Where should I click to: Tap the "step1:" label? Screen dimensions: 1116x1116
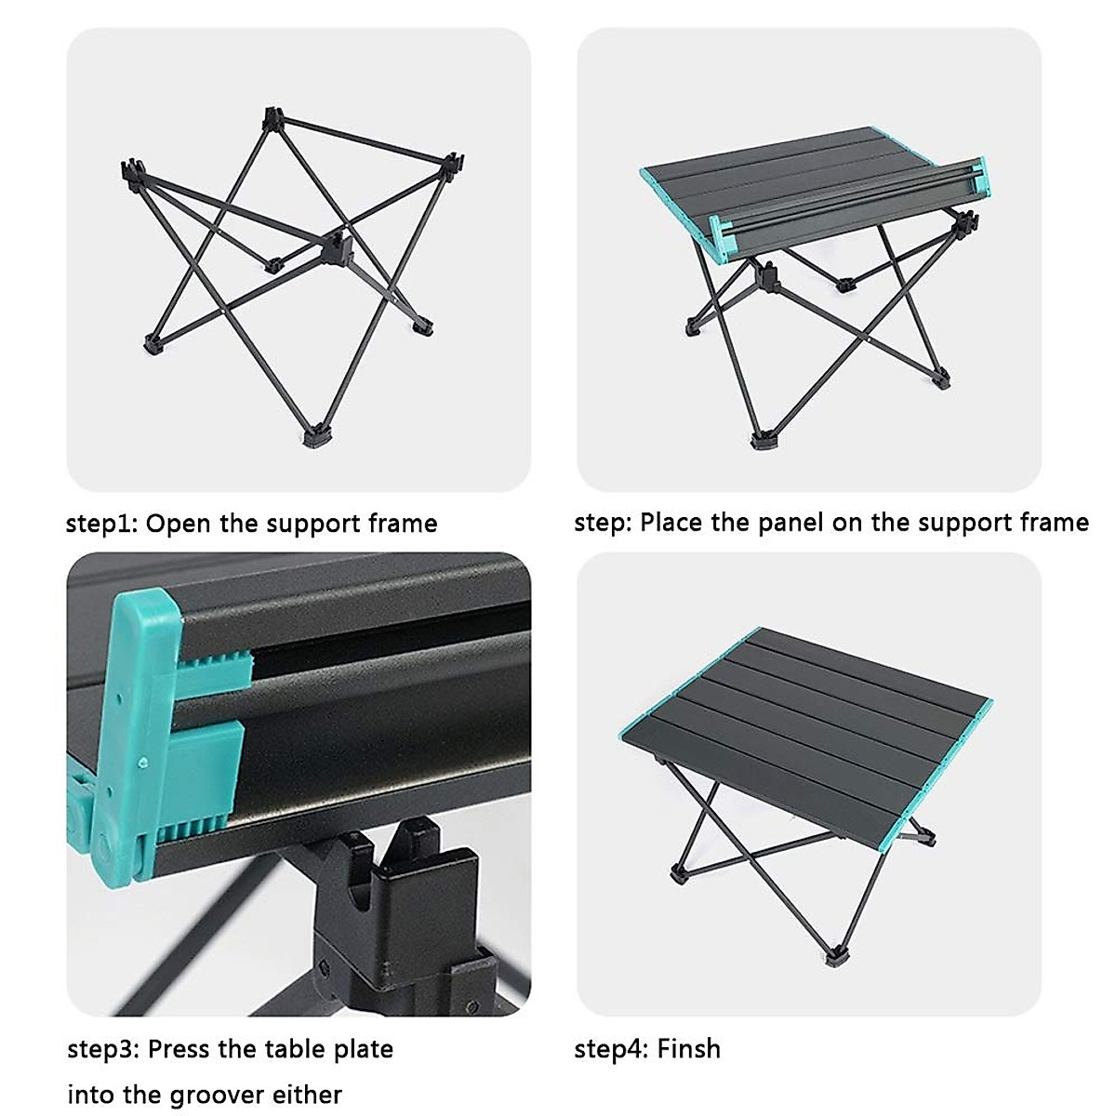tap(101, 524)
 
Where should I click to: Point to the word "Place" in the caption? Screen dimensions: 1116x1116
tap(672, 523)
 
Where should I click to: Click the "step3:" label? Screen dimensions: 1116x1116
tap(103, 1050)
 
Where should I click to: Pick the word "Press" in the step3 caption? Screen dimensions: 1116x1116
tap(179, 1050)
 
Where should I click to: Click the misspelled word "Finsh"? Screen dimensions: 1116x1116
tap(688, 1049)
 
